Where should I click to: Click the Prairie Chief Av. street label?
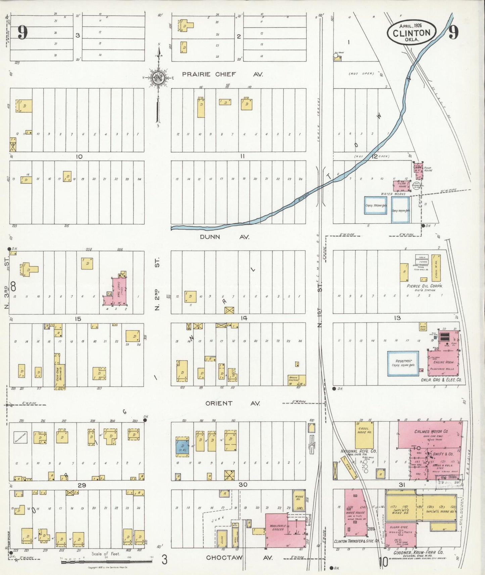point(223,74)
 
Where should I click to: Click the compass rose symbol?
point(158,78)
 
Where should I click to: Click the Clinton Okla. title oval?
point(411,33)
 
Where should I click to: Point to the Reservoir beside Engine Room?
point(403,363)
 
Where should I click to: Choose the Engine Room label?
point(443,362)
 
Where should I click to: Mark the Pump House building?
point(418,168)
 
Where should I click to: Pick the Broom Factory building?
point(297,380)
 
